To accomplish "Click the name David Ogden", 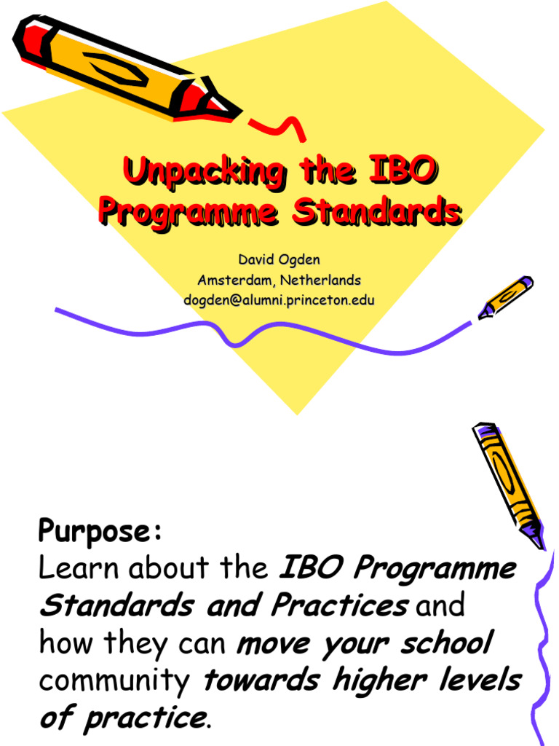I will tap(279, 260).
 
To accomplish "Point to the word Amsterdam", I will tap(233, 280).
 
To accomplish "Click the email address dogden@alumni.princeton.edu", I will tap(279, 299).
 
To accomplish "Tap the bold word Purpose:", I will tap(100, 531).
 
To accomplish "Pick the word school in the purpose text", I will tap(449, 643).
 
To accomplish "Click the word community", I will tap(114, 680).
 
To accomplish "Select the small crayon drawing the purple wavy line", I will tap(506, 297).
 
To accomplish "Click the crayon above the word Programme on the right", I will tap(508, 484).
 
